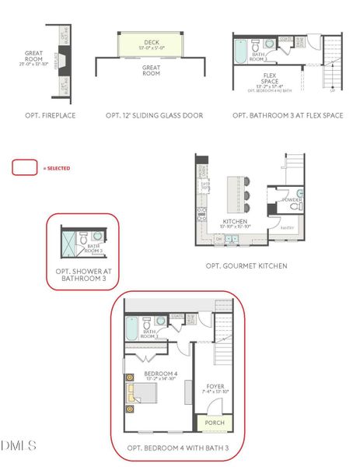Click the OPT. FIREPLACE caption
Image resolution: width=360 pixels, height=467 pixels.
point(41,115)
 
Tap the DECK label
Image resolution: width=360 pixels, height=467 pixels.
point(152,43)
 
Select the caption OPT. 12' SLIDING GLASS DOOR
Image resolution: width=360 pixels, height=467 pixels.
point(154,115)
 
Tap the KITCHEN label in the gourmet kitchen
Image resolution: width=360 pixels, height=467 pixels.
point(235,222)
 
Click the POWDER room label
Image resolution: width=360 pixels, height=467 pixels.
point(292,200)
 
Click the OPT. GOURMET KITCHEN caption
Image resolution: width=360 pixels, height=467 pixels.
point(246,265)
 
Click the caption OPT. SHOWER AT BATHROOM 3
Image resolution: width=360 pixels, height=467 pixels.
point(82,275)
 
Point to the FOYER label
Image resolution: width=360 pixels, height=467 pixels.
point(215,386)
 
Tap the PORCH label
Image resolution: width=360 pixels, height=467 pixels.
point(215,423)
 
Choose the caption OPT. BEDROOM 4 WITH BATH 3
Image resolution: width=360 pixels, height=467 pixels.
point(179,448)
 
